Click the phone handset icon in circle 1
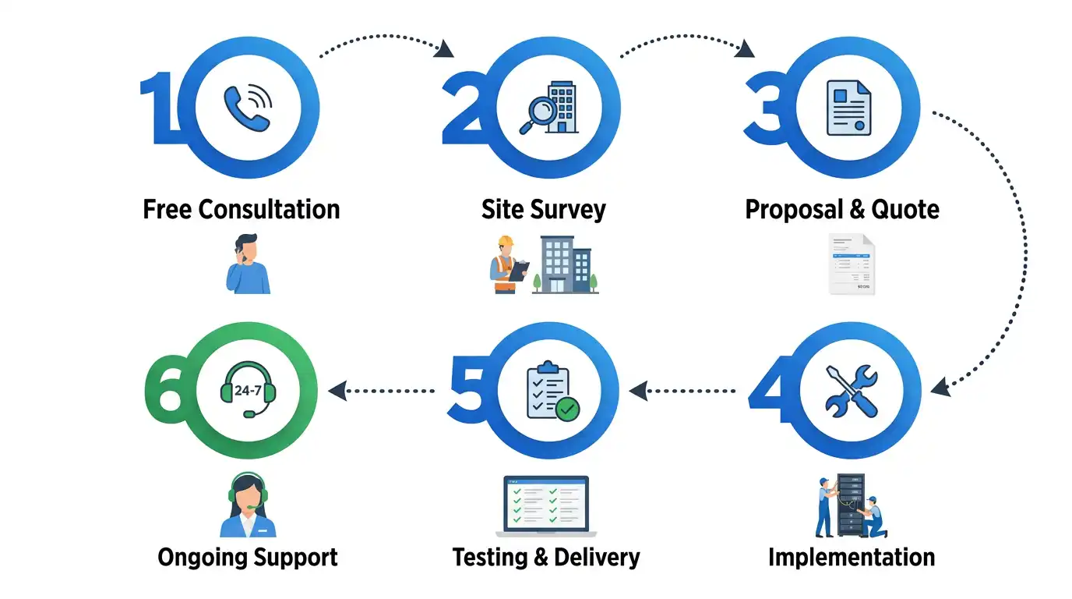[247, 108]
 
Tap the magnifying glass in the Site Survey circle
[538, 115]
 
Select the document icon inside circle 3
[849, 108]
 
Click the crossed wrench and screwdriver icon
[852, 391]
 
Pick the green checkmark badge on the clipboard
[568, 409]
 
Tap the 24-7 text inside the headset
[248, 391]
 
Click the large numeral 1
[160, 108]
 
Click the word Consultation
[269, 209]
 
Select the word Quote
[905, 210]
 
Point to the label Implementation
[852, 558]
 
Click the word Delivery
[597, 558]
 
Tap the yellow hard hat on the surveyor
[505, 240]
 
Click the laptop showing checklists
[546, 506]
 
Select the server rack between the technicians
[851, 505]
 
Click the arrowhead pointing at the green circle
[337, 391]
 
